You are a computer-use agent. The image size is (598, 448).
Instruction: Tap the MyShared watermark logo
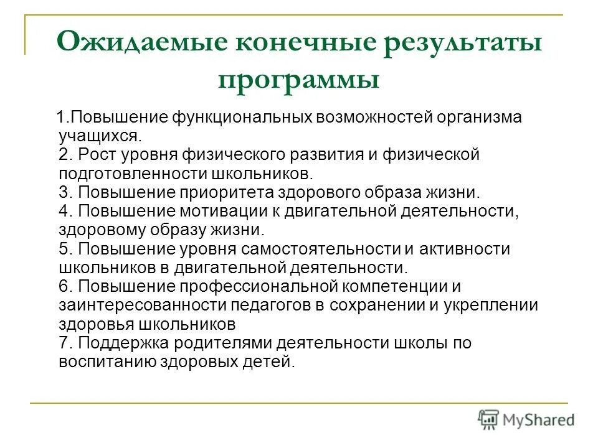526,420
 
